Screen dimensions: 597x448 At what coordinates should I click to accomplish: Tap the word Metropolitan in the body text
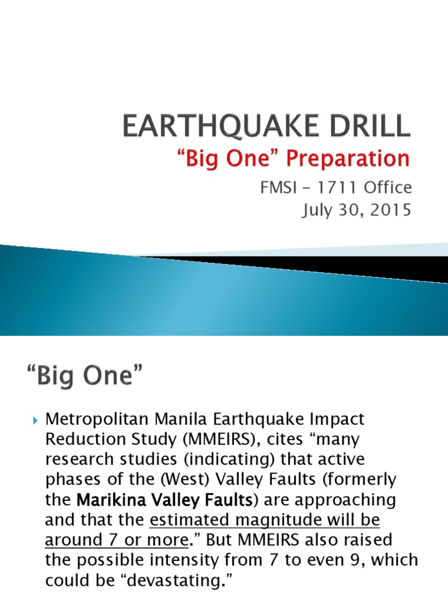[x=97, y=419]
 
